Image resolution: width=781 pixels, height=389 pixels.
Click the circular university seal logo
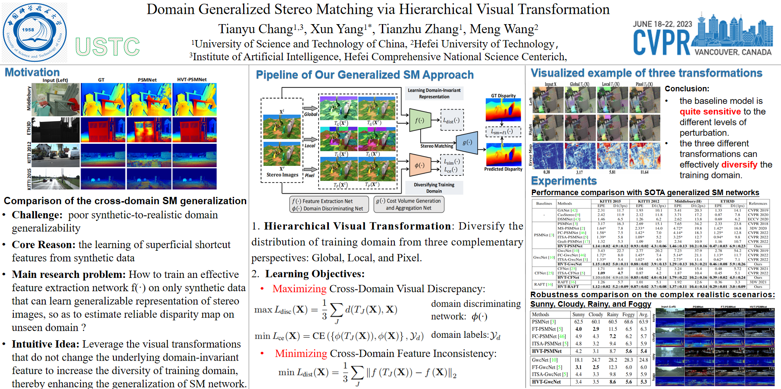pyautogui.click(x=34, y=33)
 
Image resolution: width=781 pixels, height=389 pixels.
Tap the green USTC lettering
pyautogui.click(x=108, y=47)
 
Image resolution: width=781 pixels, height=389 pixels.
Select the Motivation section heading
pyautogui.click(x=32, y=72)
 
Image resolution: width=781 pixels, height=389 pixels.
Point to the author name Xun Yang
pyautogui.click(x=338, y=29)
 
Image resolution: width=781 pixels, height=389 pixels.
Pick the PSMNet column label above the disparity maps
pyautogui.click(x=147, y=80)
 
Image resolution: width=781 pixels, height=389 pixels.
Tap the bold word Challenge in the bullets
pyautogui.click(x=37, y=215)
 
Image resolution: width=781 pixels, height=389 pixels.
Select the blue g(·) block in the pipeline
pyautogui.click(x=467, y=142)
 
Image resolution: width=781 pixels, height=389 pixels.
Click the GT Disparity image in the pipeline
pyautogui.click(x=503, y=110)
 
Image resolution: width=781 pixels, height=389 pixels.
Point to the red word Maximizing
pyautogui.click(x=300, y=289)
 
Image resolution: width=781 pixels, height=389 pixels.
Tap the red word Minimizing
pyautogui.click(x=301, y=354)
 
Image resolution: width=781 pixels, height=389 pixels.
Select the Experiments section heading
pyautogui.click(x=564, y=181)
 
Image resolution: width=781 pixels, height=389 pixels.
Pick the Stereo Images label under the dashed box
pyautogui.click(x=282, y=175)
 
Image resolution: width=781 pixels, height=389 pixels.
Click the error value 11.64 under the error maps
pyautogui.click(x=644, y=172)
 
